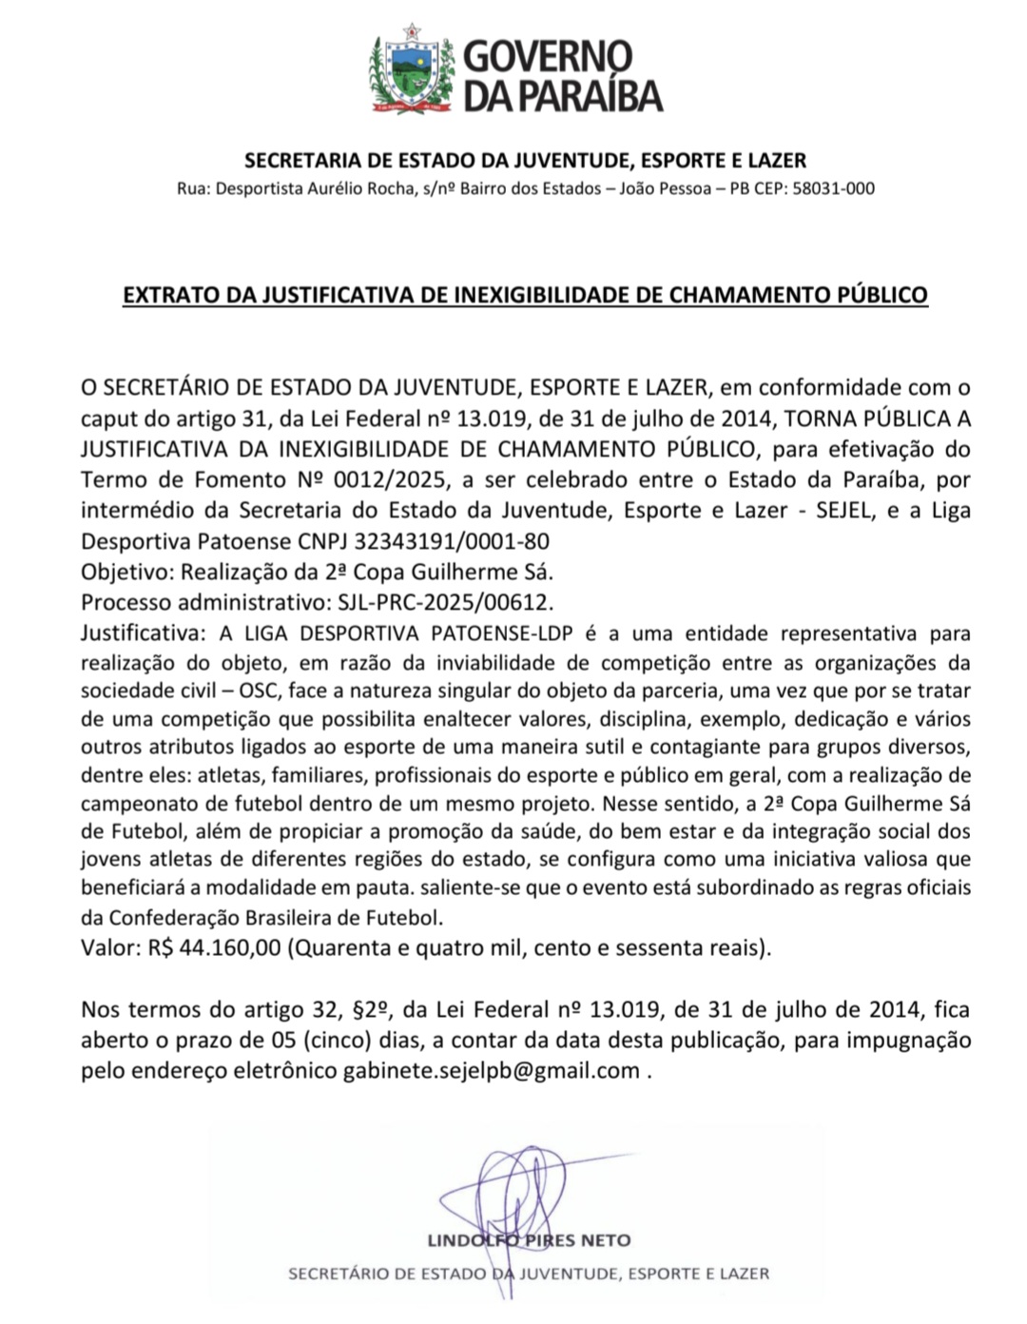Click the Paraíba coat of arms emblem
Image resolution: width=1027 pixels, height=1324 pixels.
(412, 69)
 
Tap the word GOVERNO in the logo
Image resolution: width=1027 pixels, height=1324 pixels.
(547, 56)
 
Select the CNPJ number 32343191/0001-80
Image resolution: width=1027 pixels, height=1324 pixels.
(452, 541)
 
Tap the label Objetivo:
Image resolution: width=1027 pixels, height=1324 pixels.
(127, 573)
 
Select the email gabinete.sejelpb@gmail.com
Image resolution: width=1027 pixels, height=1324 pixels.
(491, 1070)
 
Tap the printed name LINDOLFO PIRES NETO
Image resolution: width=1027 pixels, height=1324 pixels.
(529, 1240)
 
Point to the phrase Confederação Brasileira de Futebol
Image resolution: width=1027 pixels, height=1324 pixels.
(276, 918)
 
